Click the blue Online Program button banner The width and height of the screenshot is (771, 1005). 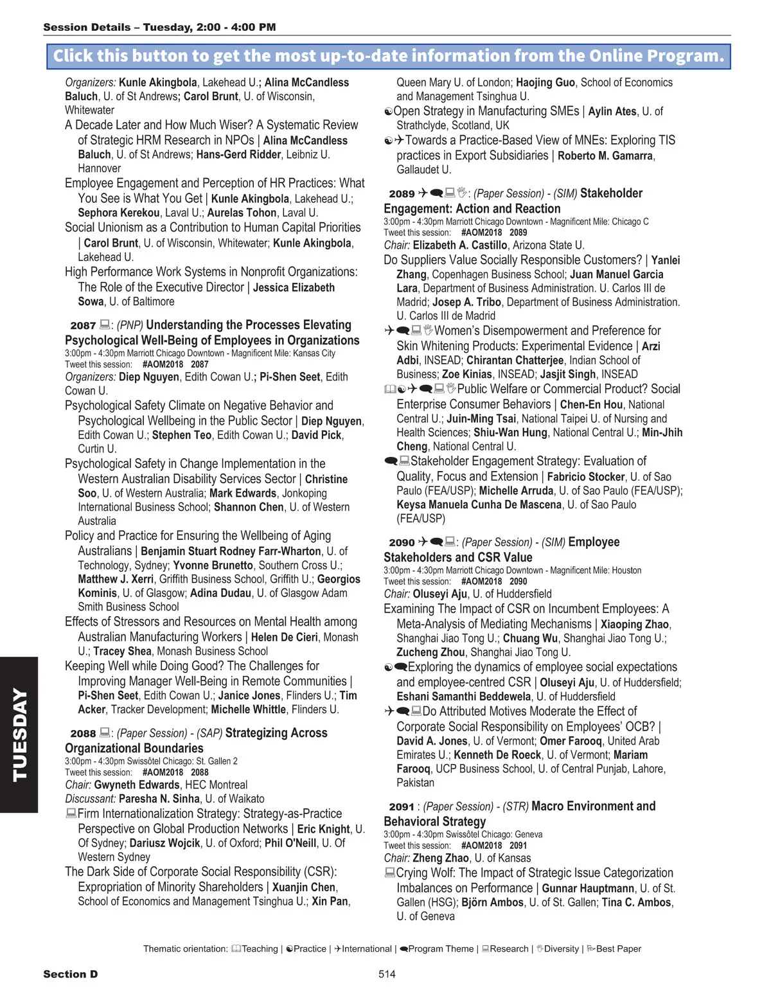388,56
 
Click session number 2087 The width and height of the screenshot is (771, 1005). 83,326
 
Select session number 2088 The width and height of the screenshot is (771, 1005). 83,734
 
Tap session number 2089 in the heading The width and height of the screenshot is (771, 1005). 402,194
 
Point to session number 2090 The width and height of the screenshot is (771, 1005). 402,543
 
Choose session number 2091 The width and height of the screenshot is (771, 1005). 402,807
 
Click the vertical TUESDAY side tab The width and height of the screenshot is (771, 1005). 19,734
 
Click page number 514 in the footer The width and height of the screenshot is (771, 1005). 387,974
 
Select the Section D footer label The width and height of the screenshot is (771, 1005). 71,974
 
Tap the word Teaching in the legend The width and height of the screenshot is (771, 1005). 260,949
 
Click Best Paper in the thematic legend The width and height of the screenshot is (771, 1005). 618,949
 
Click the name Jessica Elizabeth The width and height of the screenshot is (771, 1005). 294,288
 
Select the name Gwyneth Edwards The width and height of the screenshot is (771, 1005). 137,785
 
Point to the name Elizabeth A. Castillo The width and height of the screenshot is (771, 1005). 460,245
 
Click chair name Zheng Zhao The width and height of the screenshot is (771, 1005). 441,858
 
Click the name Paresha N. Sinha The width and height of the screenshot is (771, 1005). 159,799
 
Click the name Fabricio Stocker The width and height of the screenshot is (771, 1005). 586,477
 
